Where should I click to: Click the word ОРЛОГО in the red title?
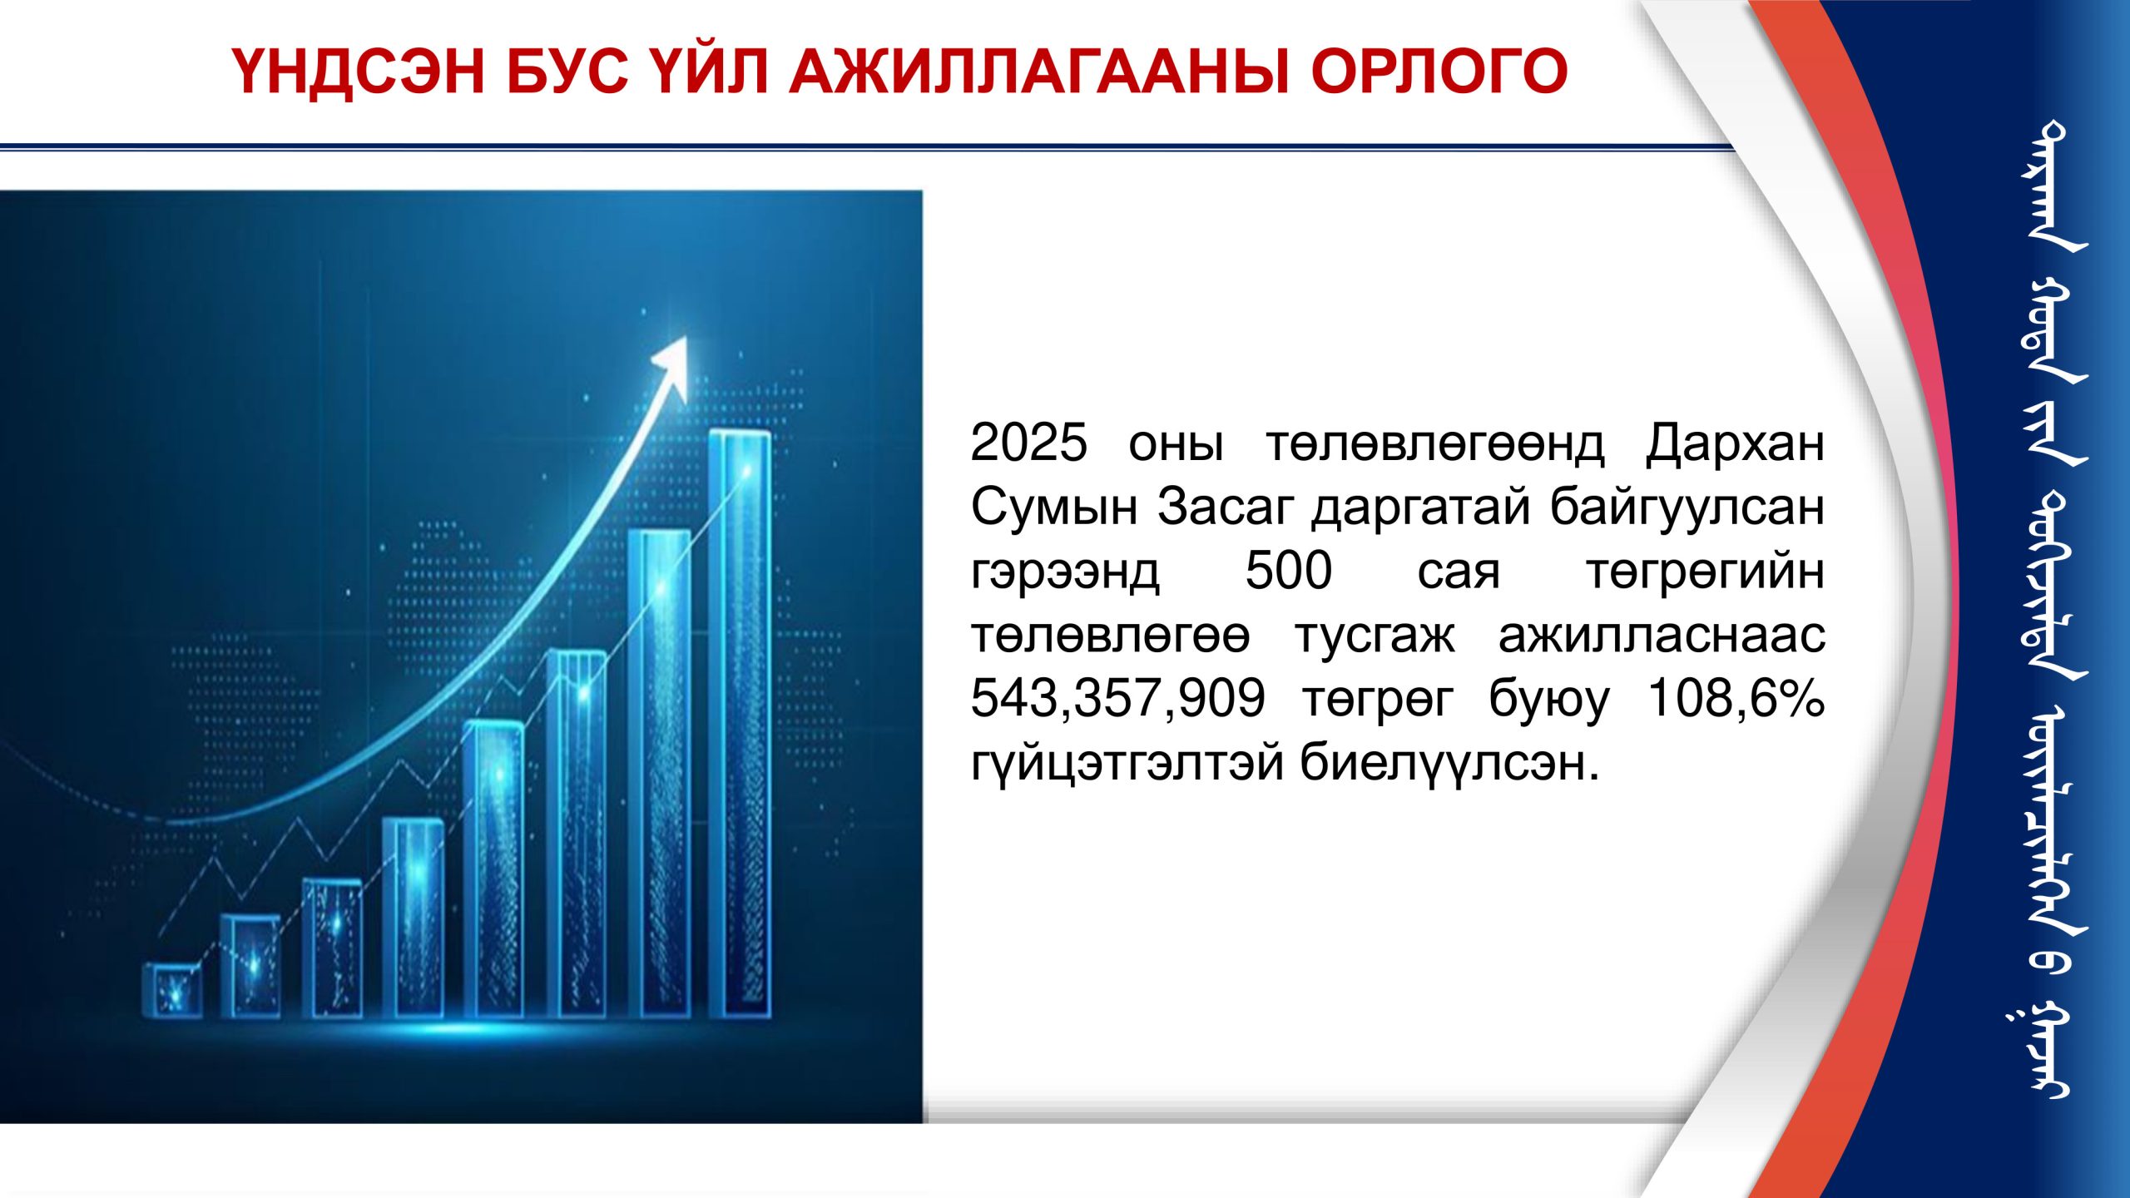coord(1439,71)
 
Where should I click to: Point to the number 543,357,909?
coord(1117,698)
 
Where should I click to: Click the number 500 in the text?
coord(1289,571)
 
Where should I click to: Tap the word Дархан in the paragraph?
coord(1736,445)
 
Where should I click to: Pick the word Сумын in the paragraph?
coord(1054,507)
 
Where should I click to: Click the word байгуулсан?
coord(1687,507)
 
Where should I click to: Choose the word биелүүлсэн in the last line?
coord(1449,762)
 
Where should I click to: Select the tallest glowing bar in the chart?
coord(740,724)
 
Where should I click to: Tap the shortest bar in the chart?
coord(172,990)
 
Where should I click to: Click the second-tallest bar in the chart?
coord(659,774)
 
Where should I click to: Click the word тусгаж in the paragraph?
coord(1375,636)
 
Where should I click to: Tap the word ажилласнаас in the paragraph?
coord(1662,636)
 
